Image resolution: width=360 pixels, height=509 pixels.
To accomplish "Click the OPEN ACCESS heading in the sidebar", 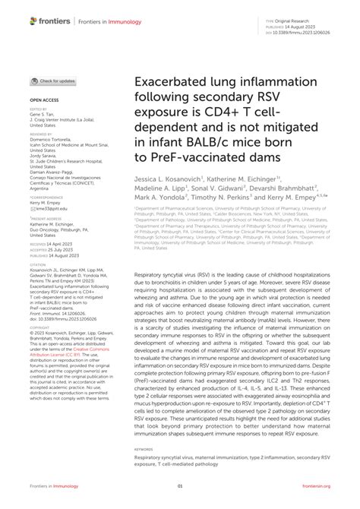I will pyautogui.click(x=45, y=100).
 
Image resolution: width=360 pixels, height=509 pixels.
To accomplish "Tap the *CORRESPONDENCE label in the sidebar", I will pyautogui.click(x=44, y=197).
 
